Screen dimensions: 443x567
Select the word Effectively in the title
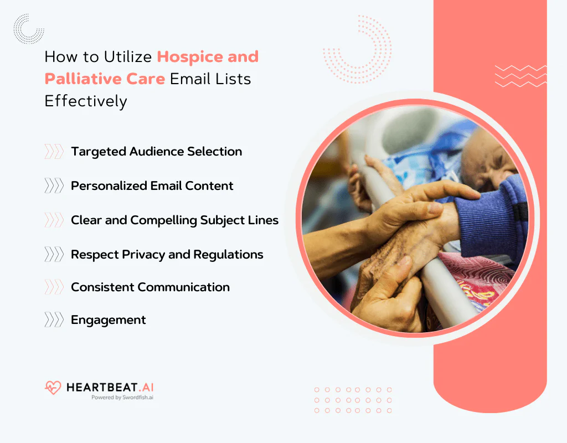[x=86, y=101]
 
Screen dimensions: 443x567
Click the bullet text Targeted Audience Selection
[x=156, y=151]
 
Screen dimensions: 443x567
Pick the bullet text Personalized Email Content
[x=152, y=186]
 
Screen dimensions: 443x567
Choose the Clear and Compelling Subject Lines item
[x=174, y=220]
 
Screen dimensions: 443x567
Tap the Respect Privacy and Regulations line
[x=167, y=254]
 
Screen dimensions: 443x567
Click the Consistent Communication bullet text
[x=150, y=287]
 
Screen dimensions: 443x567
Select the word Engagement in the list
[x=109, y=320]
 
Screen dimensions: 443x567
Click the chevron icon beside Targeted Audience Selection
[x=54, y=152]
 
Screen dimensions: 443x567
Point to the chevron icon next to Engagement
[x=54, y=320]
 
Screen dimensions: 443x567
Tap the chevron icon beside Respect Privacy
[x=54, y=254]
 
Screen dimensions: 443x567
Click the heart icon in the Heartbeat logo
[x=53, y=387]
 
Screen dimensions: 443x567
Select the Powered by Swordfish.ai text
[x=122, y=397]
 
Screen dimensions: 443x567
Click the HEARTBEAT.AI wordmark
[x=110, y=387]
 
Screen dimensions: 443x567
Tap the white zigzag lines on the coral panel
[x=520, y=76]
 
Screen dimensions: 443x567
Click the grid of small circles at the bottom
[x=353, y=400]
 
